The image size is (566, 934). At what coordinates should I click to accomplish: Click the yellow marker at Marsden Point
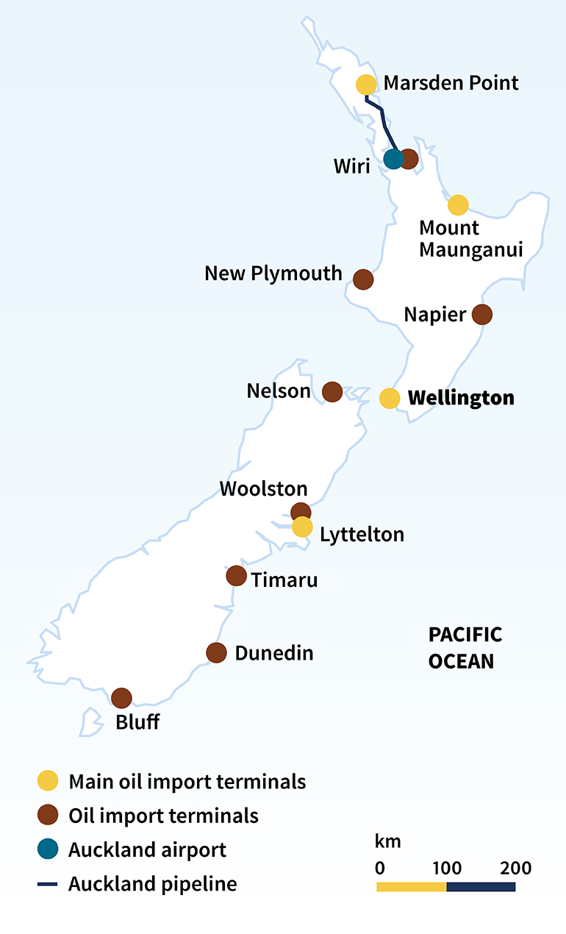coord(366,85)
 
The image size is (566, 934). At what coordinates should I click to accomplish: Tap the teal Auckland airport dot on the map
coord(394,158)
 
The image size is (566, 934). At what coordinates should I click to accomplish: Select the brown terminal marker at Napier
coord(481,315)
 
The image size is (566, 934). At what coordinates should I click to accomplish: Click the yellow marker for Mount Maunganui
coord(458,205)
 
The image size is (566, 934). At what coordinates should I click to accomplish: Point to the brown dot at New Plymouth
coord(363,279)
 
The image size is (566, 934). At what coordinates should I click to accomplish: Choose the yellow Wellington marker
coord(390,398)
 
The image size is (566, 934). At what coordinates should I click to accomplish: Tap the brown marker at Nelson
coord(332,392)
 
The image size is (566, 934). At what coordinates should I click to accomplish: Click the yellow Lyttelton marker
coord(302,527)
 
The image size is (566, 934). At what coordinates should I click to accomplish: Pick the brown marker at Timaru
coord(236,576)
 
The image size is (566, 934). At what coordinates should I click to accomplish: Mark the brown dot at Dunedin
coord(216,652)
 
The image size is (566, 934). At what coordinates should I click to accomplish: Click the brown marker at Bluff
coord(121,698)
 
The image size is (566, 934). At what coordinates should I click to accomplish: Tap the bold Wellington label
coord(461,399)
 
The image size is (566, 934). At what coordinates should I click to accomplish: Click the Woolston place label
coord(263,488)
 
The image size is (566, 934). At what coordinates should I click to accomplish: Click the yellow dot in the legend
coord(48,781)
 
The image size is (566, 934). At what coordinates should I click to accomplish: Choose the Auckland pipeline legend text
coord(153,883)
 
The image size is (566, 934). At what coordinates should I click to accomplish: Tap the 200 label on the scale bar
coord(515,868)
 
